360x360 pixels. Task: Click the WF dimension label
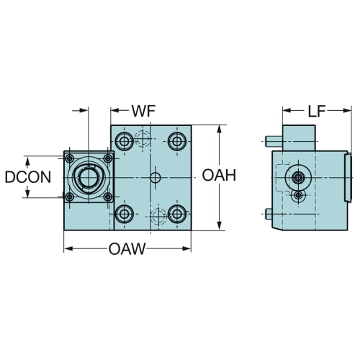click(143, 111)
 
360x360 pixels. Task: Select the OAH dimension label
click(219, 175)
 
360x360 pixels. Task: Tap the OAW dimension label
click(127, 248)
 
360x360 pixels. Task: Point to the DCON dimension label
click(28, 177)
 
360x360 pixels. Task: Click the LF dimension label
click(316, 111)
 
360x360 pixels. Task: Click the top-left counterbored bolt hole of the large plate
click(125, 141)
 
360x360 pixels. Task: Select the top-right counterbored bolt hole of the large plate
click(177, 141)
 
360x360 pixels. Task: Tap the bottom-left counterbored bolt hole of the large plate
click(125, 214)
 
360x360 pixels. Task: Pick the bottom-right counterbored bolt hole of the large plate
click(177, 214)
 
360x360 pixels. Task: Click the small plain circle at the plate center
click(155, 178)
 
